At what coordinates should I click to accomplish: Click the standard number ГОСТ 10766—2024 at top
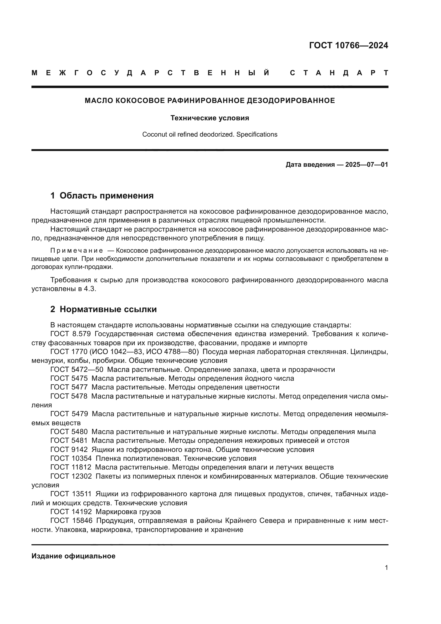[x=348, y=45]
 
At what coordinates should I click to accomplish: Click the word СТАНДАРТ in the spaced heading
[x=339, y=73]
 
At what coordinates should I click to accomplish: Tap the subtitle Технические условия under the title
[x=210, y=118]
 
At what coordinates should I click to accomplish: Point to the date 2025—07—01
[x=366, y=165]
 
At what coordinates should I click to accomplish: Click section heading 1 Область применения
[x=102, y=196]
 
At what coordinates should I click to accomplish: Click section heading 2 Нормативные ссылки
[x=103, y=309]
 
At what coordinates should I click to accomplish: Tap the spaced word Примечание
[x=77, y=251]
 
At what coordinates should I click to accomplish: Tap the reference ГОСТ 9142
[x=69, y=450]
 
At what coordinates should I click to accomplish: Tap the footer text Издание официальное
[x=73, y=556]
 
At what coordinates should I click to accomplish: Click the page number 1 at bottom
[x=386, y=567]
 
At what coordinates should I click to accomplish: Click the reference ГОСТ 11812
[x=71, y=467]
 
